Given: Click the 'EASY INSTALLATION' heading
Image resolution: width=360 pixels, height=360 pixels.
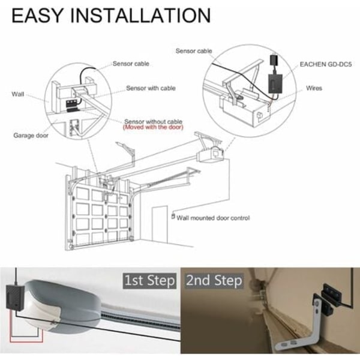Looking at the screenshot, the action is point(111,16).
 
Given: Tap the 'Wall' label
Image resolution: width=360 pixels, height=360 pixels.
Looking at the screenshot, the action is point(18,94).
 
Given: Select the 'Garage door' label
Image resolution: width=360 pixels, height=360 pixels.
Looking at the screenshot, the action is point(31,136).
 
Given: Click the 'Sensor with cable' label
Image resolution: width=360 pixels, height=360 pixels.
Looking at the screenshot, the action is point(151,88).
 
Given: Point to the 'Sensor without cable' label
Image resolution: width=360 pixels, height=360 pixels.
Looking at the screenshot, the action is point(154,121).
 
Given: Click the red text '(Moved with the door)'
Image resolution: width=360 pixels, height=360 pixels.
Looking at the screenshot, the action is point(153,127).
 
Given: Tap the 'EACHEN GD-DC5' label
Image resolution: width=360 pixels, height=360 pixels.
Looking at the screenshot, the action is point(326,65).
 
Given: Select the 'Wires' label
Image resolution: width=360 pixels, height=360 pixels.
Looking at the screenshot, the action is point(314,88).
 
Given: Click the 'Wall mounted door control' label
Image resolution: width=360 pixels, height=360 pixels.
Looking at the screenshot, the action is point(213,218).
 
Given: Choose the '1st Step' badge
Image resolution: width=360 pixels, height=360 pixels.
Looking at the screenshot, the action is point(149,281).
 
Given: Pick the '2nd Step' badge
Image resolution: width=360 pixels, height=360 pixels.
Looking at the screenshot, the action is point(214,281).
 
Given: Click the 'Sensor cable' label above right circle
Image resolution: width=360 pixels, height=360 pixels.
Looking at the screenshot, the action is point(194,51).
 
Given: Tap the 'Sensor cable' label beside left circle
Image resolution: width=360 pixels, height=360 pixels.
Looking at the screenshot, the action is point(131,64).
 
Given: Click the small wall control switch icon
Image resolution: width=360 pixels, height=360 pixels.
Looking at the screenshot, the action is point(173,216).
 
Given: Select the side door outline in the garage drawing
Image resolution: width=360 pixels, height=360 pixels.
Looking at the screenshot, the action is point(160,224).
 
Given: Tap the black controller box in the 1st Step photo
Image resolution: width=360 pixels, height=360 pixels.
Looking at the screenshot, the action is point(15,298).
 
